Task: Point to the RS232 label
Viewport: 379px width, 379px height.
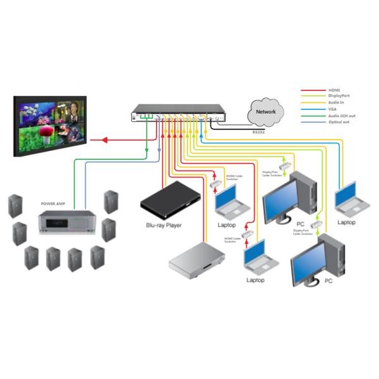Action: pos(259,133)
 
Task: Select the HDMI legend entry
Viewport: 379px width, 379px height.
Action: pos(335,90)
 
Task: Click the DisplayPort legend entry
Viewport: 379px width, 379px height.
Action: pos(339,96)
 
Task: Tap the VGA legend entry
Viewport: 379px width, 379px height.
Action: pos(333,109)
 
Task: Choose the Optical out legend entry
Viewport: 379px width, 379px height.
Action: pos(339,121)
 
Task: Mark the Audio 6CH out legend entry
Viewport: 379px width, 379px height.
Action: pos(340,116)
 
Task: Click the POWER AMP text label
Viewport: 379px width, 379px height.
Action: pos(53,204)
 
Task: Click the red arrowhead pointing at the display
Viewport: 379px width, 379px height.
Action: pos(91,140)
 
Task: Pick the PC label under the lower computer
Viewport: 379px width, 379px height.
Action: pos(328,280)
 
